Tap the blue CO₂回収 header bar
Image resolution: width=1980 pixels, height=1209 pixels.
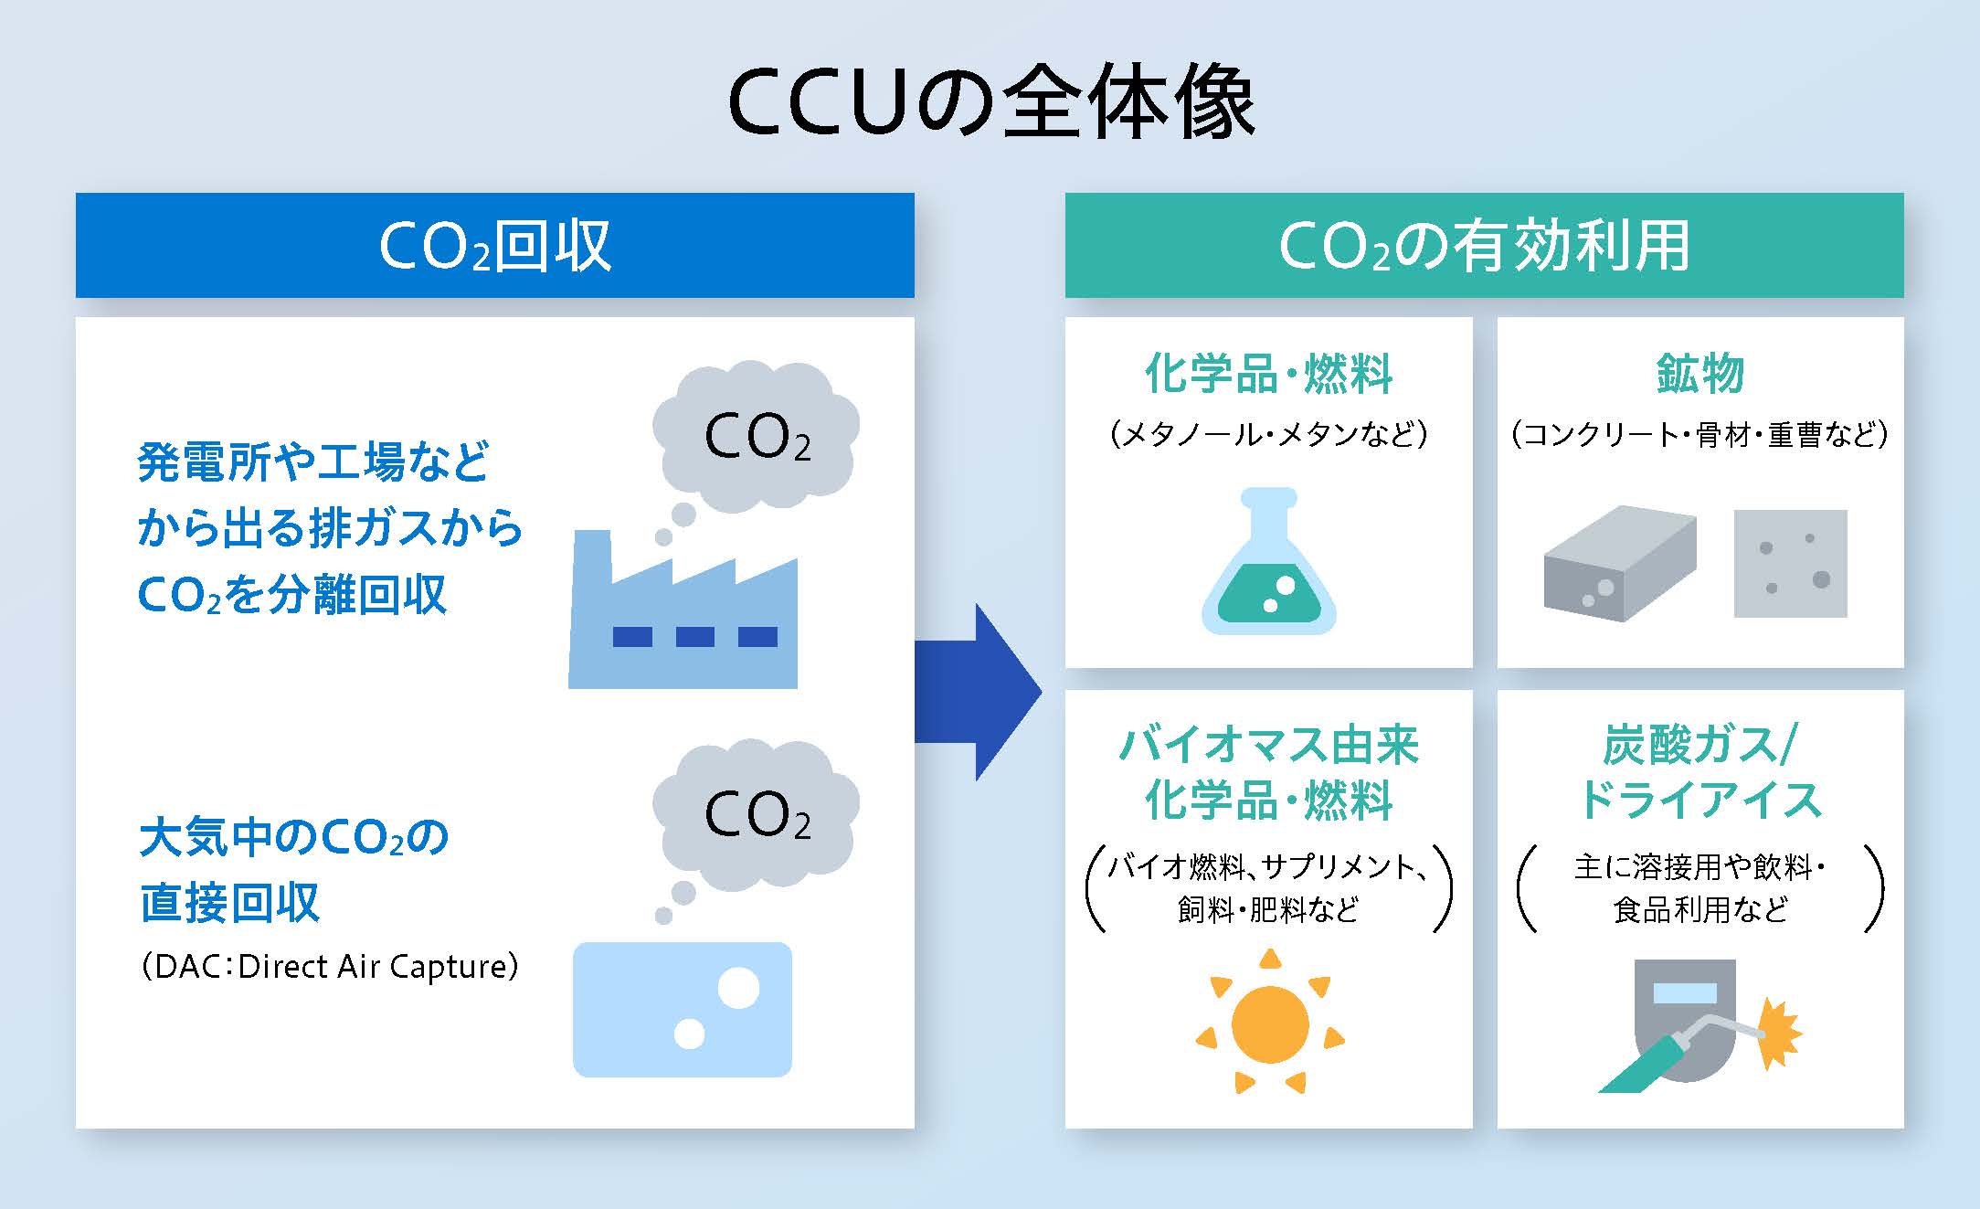pos(494,245)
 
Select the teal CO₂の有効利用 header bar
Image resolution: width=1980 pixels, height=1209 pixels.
pos(1484,245)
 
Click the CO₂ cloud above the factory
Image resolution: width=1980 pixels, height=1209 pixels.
pos(757,437)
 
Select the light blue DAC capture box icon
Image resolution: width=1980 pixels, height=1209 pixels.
pos(682,1009)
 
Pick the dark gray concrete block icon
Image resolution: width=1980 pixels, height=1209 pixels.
pos(1619,564)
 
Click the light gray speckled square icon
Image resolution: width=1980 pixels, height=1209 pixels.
pos(1790,563)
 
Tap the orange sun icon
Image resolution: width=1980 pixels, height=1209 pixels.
pos(1269,1023)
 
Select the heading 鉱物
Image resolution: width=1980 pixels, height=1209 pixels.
pos(1699,374)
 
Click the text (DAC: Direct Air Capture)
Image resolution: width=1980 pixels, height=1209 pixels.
pos(329,966)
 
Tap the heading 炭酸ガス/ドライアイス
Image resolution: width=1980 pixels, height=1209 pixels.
pos(1699,772)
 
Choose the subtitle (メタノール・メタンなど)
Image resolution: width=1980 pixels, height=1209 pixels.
pos(1268,433)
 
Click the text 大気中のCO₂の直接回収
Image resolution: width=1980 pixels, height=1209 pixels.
pos(292,868)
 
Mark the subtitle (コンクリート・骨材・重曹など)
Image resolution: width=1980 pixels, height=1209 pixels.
pos(1699,433)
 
